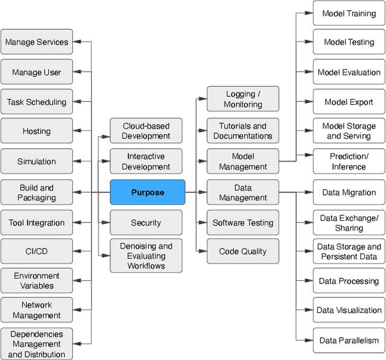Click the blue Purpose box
click(147, 192)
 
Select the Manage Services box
click(37, 42)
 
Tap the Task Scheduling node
click(37, 102)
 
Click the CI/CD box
click(37, 251)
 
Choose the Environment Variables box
click(37, 280)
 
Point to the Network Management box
click(37, 310)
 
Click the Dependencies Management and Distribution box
click(37, 344)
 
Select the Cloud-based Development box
click(146, 131)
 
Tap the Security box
click(146, 223)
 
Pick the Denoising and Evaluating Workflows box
click(146, 256)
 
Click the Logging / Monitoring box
click(243, 99)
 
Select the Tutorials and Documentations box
click(243, 131)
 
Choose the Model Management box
click(243, 162)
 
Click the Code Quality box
click(243, 251)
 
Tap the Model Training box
click(349, 13)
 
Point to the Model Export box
click(349, 102)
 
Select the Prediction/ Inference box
click(349, 162)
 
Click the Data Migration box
click(349, 192)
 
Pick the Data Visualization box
click(349, 310)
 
